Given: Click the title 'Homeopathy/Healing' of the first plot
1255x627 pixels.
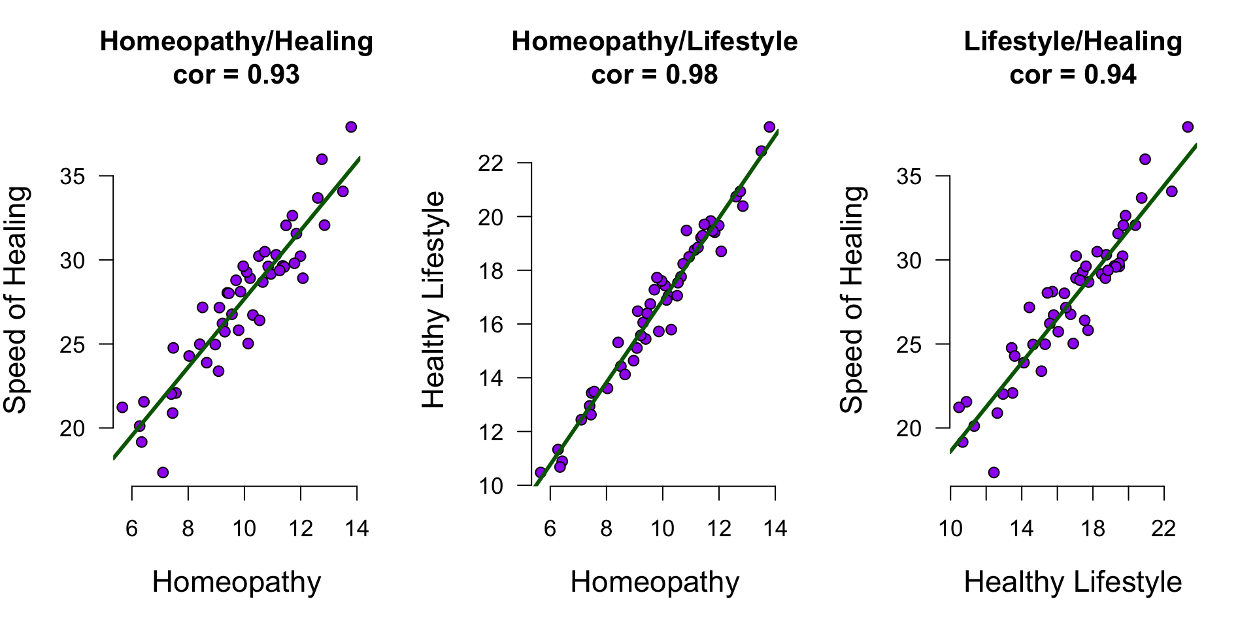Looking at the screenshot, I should [x=236, y=42].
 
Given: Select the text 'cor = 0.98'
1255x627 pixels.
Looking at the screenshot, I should [x=654, y=75].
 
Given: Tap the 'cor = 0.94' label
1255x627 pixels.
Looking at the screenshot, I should [x=1073, y=75].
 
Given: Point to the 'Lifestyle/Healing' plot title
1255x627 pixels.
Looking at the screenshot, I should [x=1073, y=42].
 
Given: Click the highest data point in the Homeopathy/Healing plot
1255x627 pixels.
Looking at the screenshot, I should [x=351, y=127].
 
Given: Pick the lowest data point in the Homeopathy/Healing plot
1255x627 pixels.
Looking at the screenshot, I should [x=163, y=472].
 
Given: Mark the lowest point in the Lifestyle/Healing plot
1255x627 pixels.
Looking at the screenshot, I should [x=994, y=472].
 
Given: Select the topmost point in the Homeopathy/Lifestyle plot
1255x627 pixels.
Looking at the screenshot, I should [x=769, y=127].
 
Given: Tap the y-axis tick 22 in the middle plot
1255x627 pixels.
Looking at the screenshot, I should [x=491, y=163].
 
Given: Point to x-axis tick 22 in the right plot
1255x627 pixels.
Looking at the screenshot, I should [x=1163, y=528].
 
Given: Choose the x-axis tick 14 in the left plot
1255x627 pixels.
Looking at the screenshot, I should [x=357, y=528].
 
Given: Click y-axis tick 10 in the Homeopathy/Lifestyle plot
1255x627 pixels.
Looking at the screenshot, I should [x=491, y=485].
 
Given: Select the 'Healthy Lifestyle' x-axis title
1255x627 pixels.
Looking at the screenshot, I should [x=1073, y=582].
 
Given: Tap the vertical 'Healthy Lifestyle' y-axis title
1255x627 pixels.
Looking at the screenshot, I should [x=433, y=300].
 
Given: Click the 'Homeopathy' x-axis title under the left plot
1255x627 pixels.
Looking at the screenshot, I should [x=236, y=582].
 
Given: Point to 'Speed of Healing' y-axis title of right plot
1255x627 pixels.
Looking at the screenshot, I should [x=851, y=300].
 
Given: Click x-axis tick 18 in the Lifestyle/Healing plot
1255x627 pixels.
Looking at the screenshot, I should [x=1092, y=528].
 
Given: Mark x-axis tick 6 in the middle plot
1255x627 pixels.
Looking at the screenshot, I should [x=550, y=528].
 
